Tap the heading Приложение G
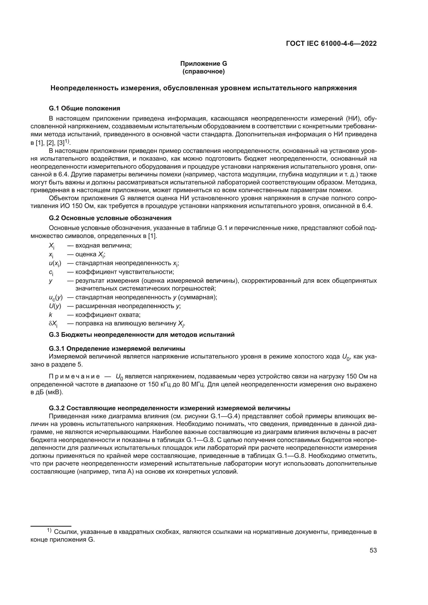click(x=203, y=64)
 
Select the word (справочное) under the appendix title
click(x=203, y=71)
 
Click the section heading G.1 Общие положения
click(x=84, y=108)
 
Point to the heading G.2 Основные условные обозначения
click(x=110, y=218)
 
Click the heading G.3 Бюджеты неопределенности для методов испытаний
click(x=142, y=335)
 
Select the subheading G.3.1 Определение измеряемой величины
click(x=117, y=349)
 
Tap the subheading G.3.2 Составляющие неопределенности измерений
click(x=169, y=408)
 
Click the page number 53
click(x=373, y=550)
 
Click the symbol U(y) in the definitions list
click(x=55, y=306)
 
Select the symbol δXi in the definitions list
click(x=53, y=324)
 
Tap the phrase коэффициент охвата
click(x=108, y=315)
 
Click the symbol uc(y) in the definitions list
click(x=56, y=297)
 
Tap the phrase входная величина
click(x=103, y=245)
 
